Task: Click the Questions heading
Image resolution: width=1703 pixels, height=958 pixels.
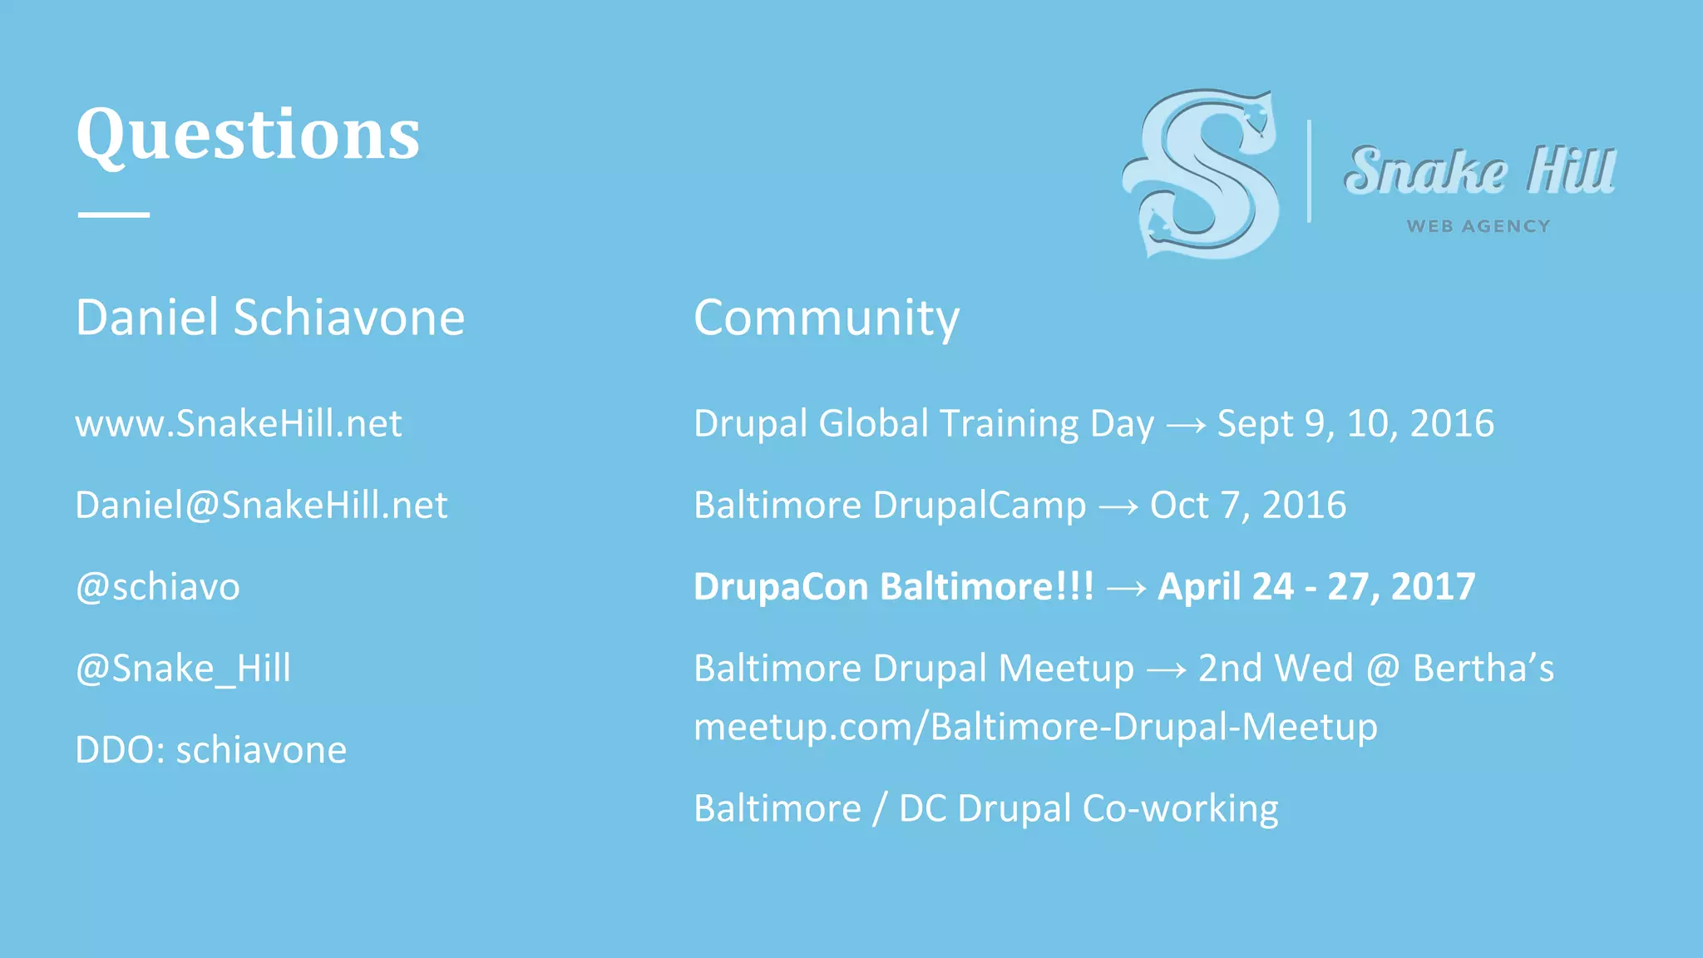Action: point(248,135)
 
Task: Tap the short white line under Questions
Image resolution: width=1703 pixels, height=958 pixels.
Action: point(114,215)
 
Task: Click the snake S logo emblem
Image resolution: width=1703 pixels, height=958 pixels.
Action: point(1202,173)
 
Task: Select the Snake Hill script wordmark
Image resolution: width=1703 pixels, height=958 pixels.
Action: point(1479,170)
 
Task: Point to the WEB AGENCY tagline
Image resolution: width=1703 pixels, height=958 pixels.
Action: point(1478,226)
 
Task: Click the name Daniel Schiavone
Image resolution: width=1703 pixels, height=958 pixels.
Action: point(270,318)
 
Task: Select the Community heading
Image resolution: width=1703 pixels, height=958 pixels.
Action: point(827,318)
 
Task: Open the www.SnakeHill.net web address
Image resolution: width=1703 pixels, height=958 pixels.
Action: point(239,424)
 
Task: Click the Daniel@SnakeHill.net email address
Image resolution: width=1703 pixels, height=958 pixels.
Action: point(261,506)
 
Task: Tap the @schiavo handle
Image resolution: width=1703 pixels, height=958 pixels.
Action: point(158,587)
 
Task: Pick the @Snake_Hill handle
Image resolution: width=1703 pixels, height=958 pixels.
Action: point(183,669)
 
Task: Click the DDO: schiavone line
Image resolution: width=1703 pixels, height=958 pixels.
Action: point(211,750)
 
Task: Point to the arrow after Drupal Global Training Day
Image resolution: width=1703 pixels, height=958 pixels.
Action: point(1186,426)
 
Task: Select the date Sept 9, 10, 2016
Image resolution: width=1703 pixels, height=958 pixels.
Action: point(1355,424)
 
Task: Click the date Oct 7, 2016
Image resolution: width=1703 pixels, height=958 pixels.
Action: point(1247,506)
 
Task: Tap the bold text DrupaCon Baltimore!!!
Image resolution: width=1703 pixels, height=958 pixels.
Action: point(894,587)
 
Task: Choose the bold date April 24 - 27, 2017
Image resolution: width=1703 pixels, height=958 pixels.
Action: point(1316,587)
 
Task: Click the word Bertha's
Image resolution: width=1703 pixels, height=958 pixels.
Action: point(1483,669)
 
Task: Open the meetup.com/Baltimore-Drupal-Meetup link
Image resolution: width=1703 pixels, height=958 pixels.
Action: point(1035,728)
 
